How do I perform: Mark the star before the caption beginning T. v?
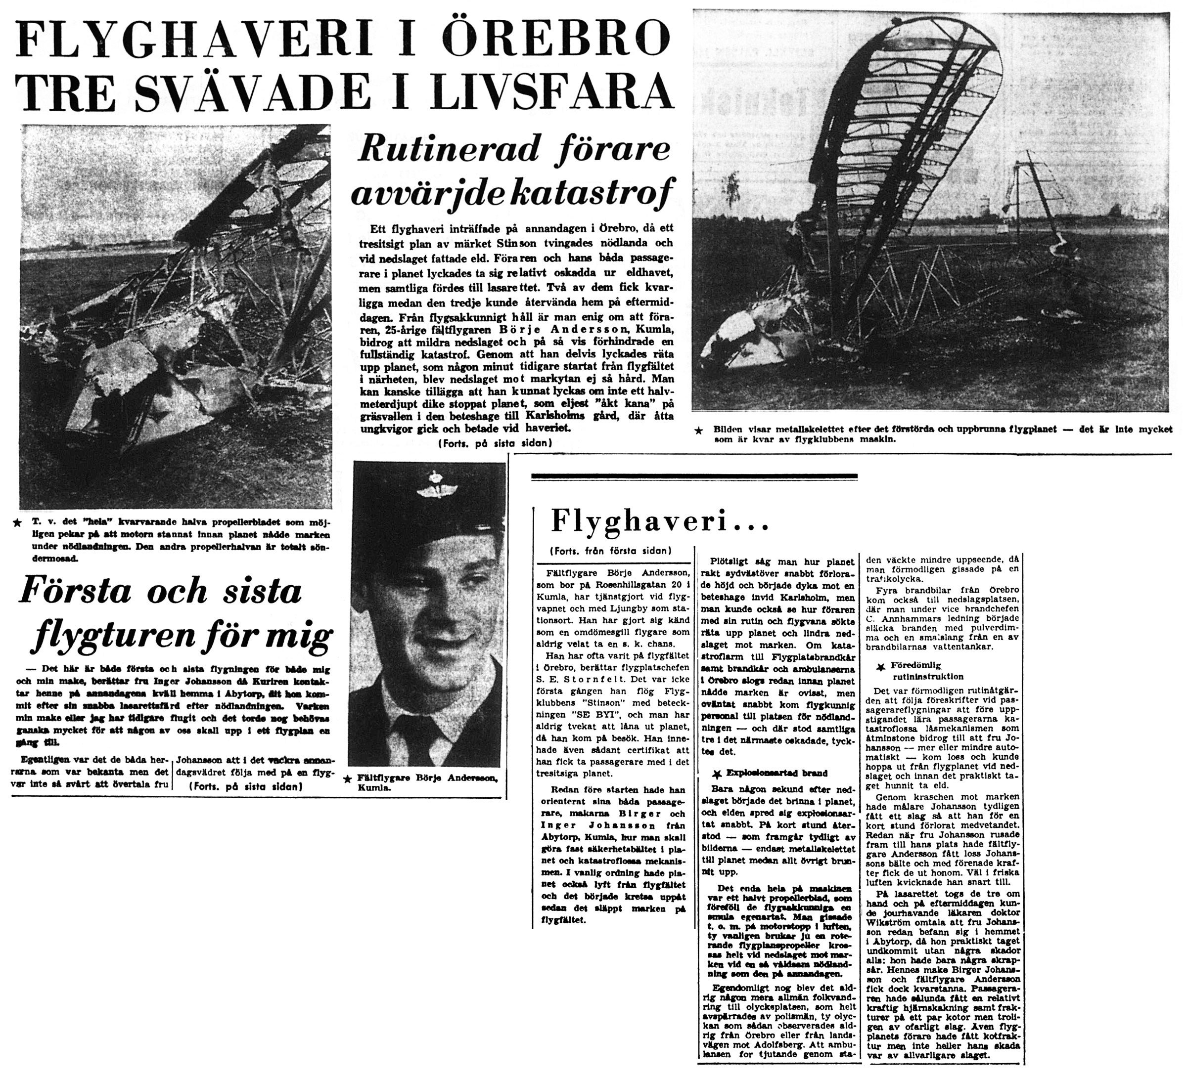tap(18, 522)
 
